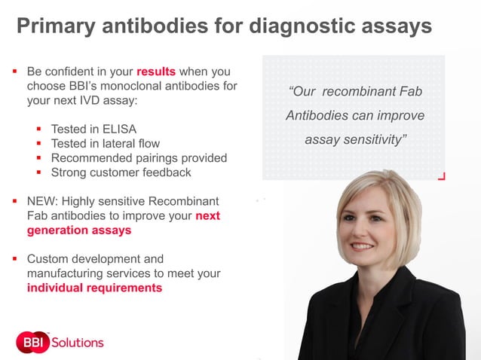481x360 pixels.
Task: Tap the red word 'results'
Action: coord(156,72)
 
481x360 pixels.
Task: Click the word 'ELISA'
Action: coord(121,129)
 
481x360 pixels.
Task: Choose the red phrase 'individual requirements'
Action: coord(94,288)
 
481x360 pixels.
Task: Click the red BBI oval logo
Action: coord(32,342)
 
